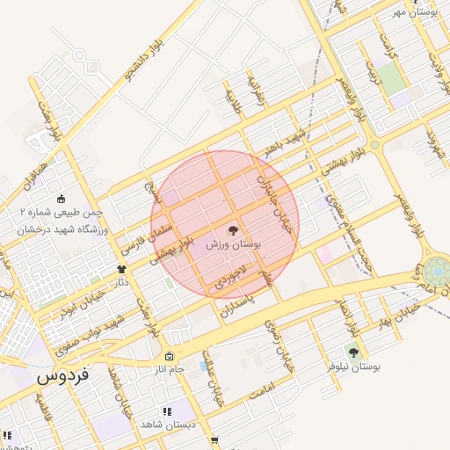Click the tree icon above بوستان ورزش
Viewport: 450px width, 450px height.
[x=233, y=230]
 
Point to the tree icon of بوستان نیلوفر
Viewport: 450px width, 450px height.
[x=353, y=352]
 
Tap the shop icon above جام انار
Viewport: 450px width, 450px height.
[x=168, y=356]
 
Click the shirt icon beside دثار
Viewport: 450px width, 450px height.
[x=122, y=269]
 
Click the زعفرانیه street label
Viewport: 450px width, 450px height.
[x=255, y=89]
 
